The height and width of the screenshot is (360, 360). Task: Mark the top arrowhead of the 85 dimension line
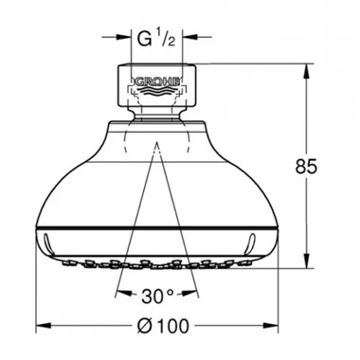tap(309, 67)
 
